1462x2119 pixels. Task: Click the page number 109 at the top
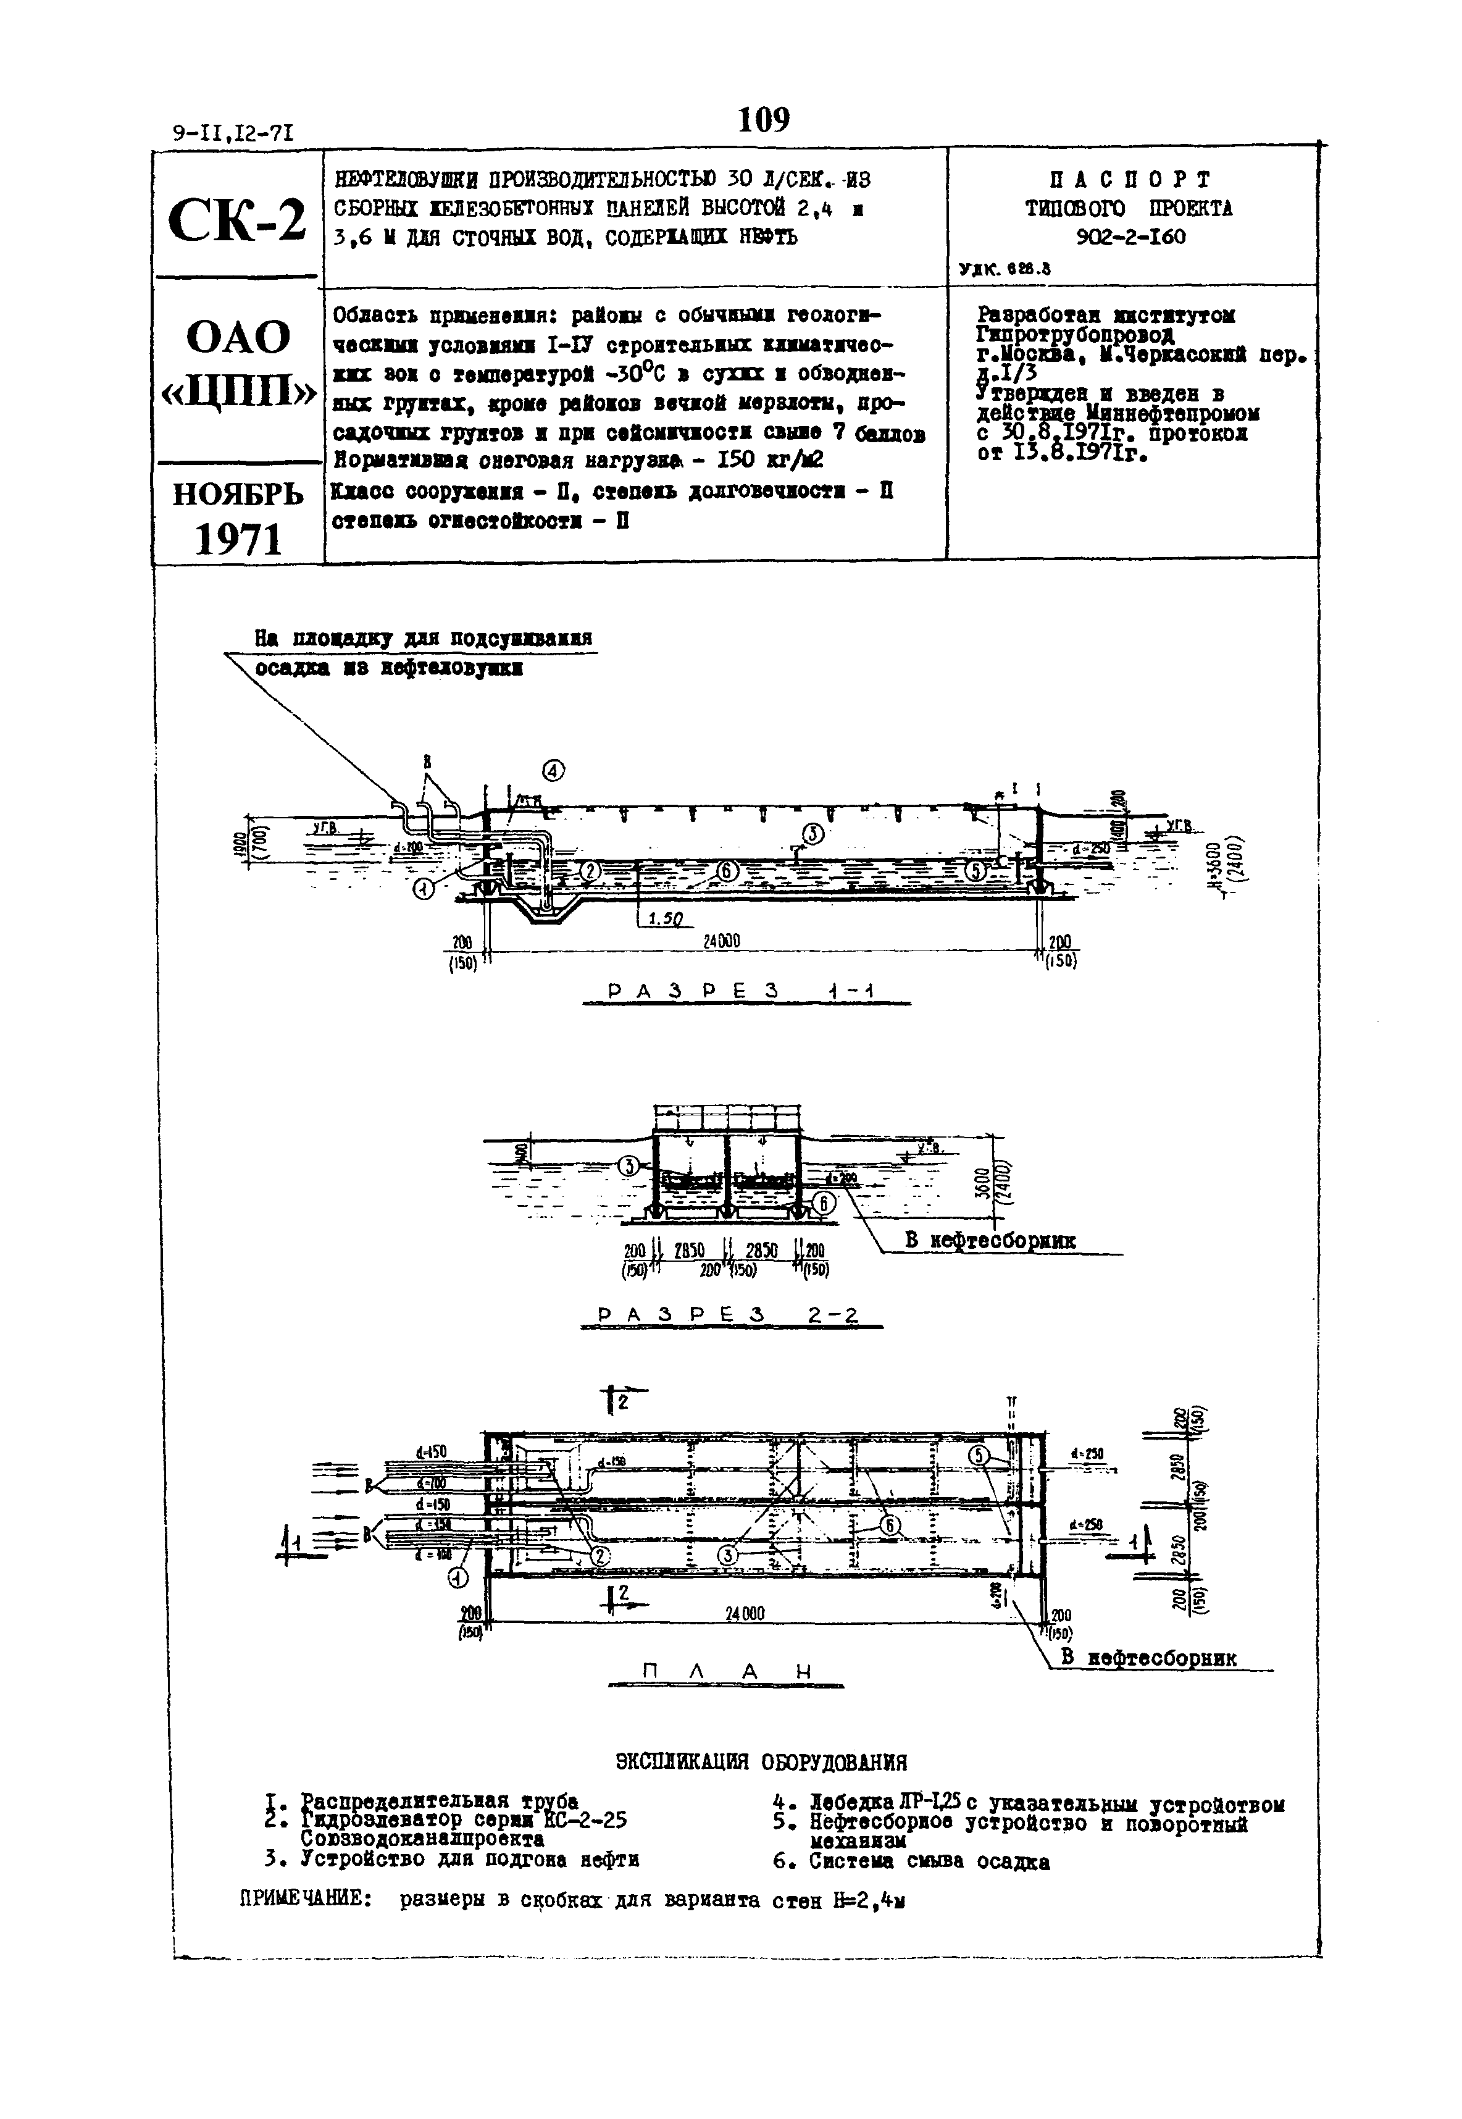coord(763,120)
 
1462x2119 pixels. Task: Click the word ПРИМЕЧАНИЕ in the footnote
coord(305,1900)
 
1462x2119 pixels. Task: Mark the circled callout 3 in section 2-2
coord(629,1166)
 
